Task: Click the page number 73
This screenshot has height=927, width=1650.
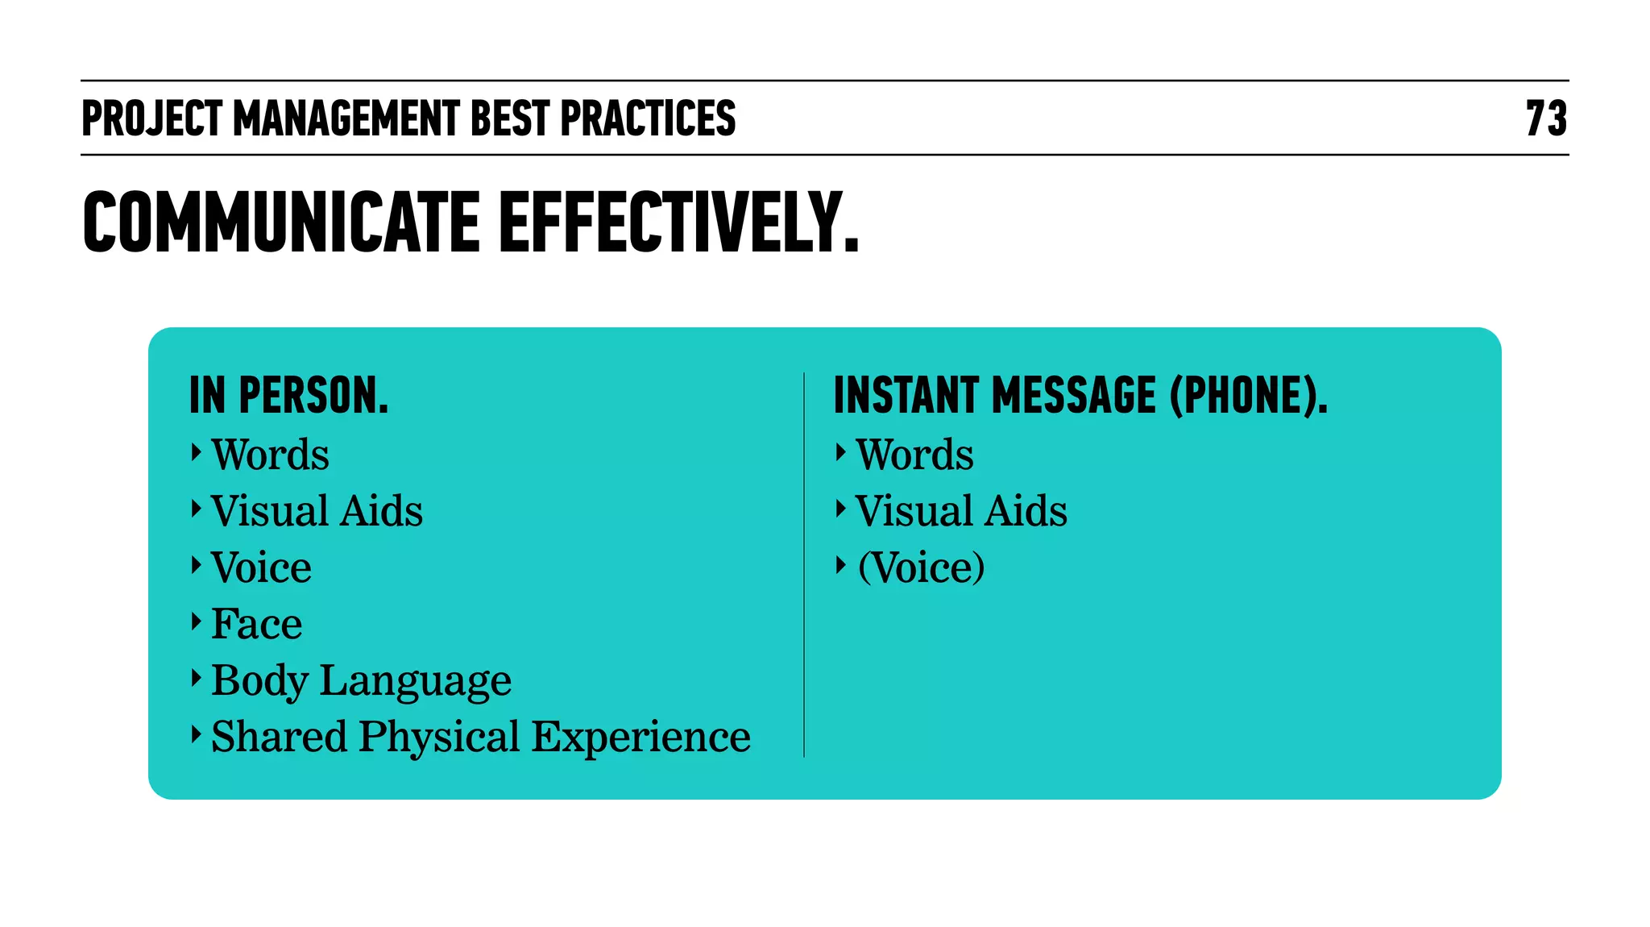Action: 1546,118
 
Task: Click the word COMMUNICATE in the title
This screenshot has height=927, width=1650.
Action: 281,222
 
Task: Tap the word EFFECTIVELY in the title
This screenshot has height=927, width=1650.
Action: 679,222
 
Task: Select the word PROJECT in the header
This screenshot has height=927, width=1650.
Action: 151,118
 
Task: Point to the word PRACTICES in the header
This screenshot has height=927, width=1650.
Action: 648,118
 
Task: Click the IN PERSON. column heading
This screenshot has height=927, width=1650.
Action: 289,396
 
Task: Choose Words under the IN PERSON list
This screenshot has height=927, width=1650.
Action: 270,455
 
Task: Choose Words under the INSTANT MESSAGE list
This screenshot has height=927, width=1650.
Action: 914,455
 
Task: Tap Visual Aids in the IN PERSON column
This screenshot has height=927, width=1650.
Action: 317,511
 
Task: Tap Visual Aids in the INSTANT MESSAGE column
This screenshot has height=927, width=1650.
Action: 961,511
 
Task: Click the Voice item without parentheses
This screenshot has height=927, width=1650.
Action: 261,567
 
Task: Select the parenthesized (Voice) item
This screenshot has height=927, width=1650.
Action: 921,567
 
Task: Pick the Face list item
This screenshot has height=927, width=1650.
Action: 256,624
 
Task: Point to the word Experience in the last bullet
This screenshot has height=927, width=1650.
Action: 641,737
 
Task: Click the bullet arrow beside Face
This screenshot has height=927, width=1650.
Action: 196,621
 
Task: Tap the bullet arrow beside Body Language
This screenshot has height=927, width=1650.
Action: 196,678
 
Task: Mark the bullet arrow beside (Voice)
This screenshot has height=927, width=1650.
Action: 840,565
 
